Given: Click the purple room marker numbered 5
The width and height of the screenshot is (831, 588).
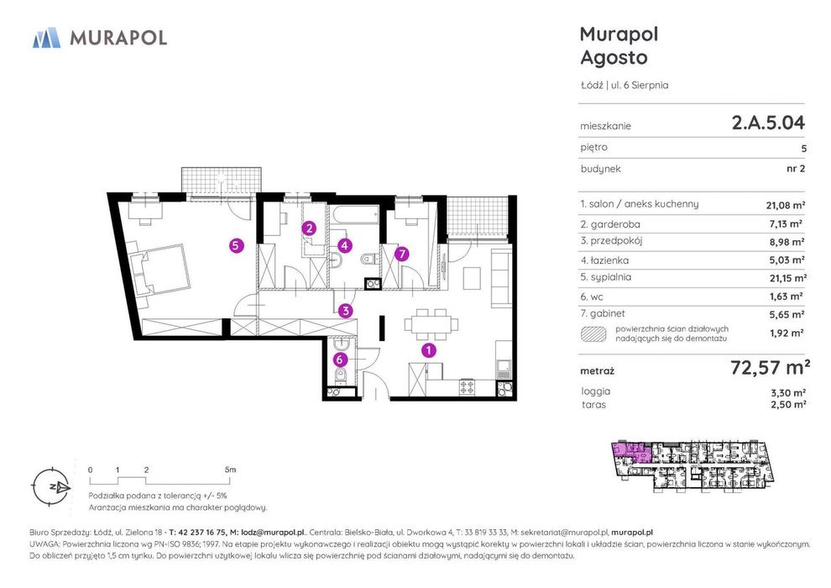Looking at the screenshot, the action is (x=237, y=245).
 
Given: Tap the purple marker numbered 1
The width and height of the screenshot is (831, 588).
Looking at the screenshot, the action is (x=428, y=350).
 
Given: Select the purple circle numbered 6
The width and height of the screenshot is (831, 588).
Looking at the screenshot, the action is (x=340, y=360).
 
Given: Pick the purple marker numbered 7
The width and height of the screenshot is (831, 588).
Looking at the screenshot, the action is (x=402, y=254).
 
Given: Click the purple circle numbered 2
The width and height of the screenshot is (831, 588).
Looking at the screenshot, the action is (x=309, y=228).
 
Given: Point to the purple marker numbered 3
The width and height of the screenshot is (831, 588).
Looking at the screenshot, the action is (x=346, y=311).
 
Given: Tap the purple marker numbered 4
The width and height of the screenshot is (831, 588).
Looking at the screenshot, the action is (x=345, y=245).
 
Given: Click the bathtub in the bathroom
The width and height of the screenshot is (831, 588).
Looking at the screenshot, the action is (x=353, y=217).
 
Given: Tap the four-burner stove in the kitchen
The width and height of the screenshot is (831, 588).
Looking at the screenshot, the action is (x=467, y=387).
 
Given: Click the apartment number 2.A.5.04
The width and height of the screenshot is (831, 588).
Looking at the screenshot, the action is (x=768, y=123).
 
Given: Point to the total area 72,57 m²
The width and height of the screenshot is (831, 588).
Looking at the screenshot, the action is (x=770, y=367).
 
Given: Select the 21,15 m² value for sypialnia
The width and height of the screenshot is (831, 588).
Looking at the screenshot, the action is (x=788, y=278).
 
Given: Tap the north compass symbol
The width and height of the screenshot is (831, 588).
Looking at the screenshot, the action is (x=51, y=486).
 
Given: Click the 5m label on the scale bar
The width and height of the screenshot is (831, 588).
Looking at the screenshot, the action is (x=230, y=470).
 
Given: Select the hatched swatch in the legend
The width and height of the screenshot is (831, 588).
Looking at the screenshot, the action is (x=593, y=333).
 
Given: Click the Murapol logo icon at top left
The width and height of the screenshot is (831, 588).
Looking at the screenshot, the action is (x=47, y=38).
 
